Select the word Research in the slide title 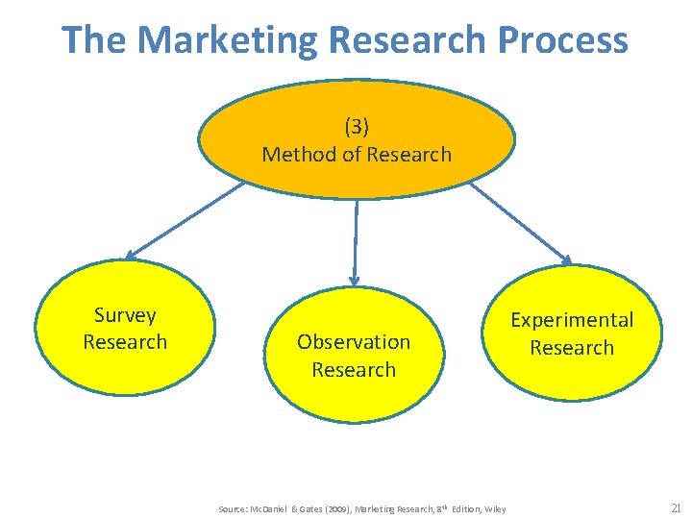click(408, 39)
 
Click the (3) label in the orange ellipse click(356, 126)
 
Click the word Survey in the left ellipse click(125, 314)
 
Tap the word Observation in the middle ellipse click(354, 341)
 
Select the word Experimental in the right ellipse click(572, 319)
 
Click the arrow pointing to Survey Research click(183, 221)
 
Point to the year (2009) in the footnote click(338, 508)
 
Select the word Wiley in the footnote click(495, 508)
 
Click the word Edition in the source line click(463, 508)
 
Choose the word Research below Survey click(125, 342)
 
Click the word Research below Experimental click(572, 347)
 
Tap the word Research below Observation click(354, 369)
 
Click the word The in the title click(94, 39)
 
